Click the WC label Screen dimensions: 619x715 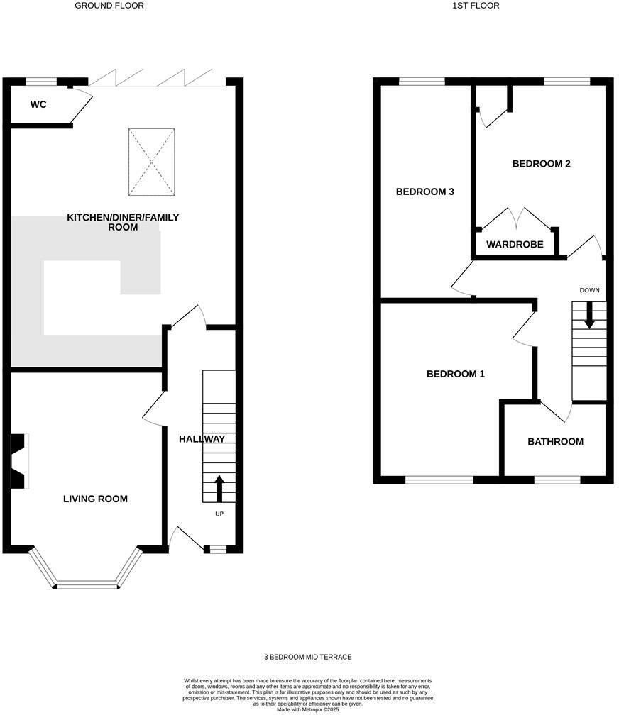[38, 104]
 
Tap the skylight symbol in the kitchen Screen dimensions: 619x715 [151, 162]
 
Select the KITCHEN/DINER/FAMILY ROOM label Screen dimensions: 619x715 [123, 222]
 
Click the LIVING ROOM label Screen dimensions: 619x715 [95, 499]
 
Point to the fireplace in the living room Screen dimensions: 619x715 [20, 461]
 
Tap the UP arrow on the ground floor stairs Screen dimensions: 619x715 [219, 489]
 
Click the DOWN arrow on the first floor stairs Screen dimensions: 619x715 [589, 315]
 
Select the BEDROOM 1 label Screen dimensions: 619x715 [456, 374]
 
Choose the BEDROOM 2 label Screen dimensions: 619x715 [542, 164]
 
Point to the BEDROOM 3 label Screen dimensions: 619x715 [425, 192]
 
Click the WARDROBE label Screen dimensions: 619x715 [515, 245]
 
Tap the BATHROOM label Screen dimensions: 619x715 [556, 441]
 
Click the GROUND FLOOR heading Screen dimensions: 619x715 [109, 6]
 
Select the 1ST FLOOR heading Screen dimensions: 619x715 [476, 6]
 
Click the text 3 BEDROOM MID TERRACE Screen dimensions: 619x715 [308, 657]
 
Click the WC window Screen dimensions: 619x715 [41, 82]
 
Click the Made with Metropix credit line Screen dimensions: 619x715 [308, 710]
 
